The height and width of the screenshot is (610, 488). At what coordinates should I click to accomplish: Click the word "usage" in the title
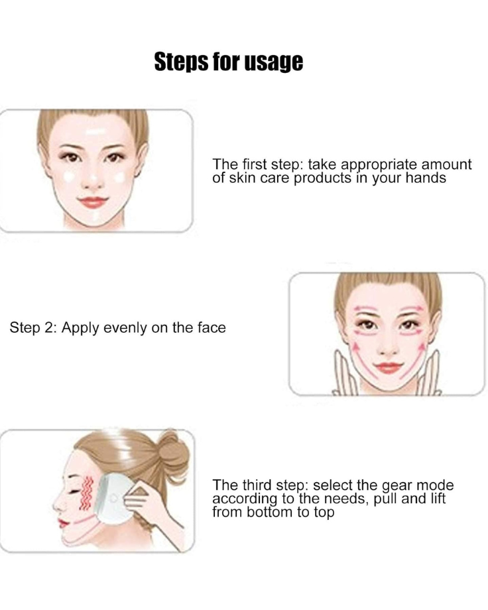(x=273, y=62)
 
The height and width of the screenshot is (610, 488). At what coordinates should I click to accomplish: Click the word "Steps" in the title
(x=182, y=62)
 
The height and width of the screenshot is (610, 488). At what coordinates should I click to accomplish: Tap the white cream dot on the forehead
(x=95, y=131)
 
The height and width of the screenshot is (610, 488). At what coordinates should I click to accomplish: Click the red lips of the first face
(x=93, y=202)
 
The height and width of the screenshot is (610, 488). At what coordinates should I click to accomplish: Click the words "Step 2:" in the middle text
(x=33, y=328)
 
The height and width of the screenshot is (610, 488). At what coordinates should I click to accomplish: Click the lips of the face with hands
(x=389, y=367)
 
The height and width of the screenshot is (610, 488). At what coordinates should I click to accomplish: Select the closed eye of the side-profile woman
(x=73, y=491)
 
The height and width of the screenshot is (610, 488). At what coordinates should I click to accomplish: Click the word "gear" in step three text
(x=398, y=486)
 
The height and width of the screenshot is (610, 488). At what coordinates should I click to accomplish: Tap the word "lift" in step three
(x=438, y=499)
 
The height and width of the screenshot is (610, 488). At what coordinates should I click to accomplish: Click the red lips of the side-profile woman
(x=63, y=522)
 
